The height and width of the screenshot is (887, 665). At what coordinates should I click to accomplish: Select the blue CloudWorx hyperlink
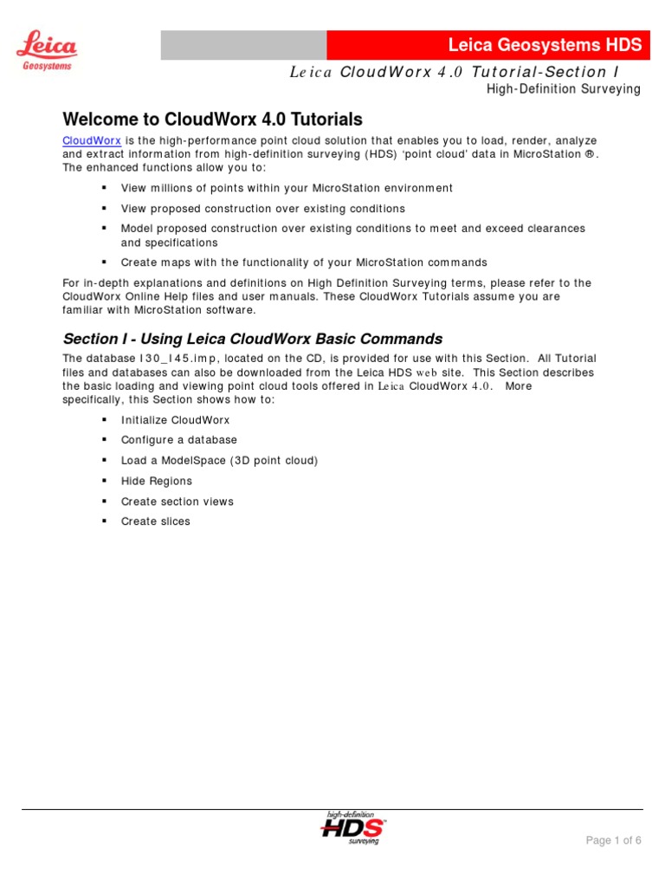point(91,140)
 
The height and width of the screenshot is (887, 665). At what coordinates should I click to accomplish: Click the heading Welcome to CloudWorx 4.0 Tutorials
point(212,120)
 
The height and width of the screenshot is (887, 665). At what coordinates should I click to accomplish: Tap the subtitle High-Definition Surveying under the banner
point(563,89)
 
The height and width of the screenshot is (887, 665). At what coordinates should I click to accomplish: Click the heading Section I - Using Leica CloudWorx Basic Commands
point(252,339)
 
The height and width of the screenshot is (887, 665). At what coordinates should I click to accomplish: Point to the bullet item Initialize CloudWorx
point(175,419)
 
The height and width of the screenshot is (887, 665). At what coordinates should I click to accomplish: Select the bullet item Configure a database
point(178,440)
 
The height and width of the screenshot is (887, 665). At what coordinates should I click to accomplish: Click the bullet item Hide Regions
point(156,481)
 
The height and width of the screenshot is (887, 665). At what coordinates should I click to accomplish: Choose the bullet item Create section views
point(177,502)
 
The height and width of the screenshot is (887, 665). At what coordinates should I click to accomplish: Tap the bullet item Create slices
point(155,521)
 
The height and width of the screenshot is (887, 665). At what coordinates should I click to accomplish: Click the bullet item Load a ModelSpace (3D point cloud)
point(219,461)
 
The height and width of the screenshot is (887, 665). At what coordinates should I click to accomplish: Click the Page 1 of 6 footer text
point(613,840)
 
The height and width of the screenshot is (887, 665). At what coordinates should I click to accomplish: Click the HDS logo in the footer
point(353,827)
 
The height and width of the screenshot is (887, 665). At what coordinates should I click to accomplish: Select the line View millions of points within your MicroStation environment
point(286,188)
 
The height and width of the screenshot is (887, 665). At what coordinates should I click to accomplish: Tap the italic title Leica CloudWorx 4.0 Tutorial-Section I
point(455,73)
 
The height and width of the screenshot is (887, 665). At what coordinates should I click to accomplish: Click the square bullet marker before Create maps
point(103,262)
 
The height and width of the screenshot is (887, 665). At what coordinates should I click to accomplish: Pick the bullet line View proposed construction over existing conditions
point(262,209)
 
